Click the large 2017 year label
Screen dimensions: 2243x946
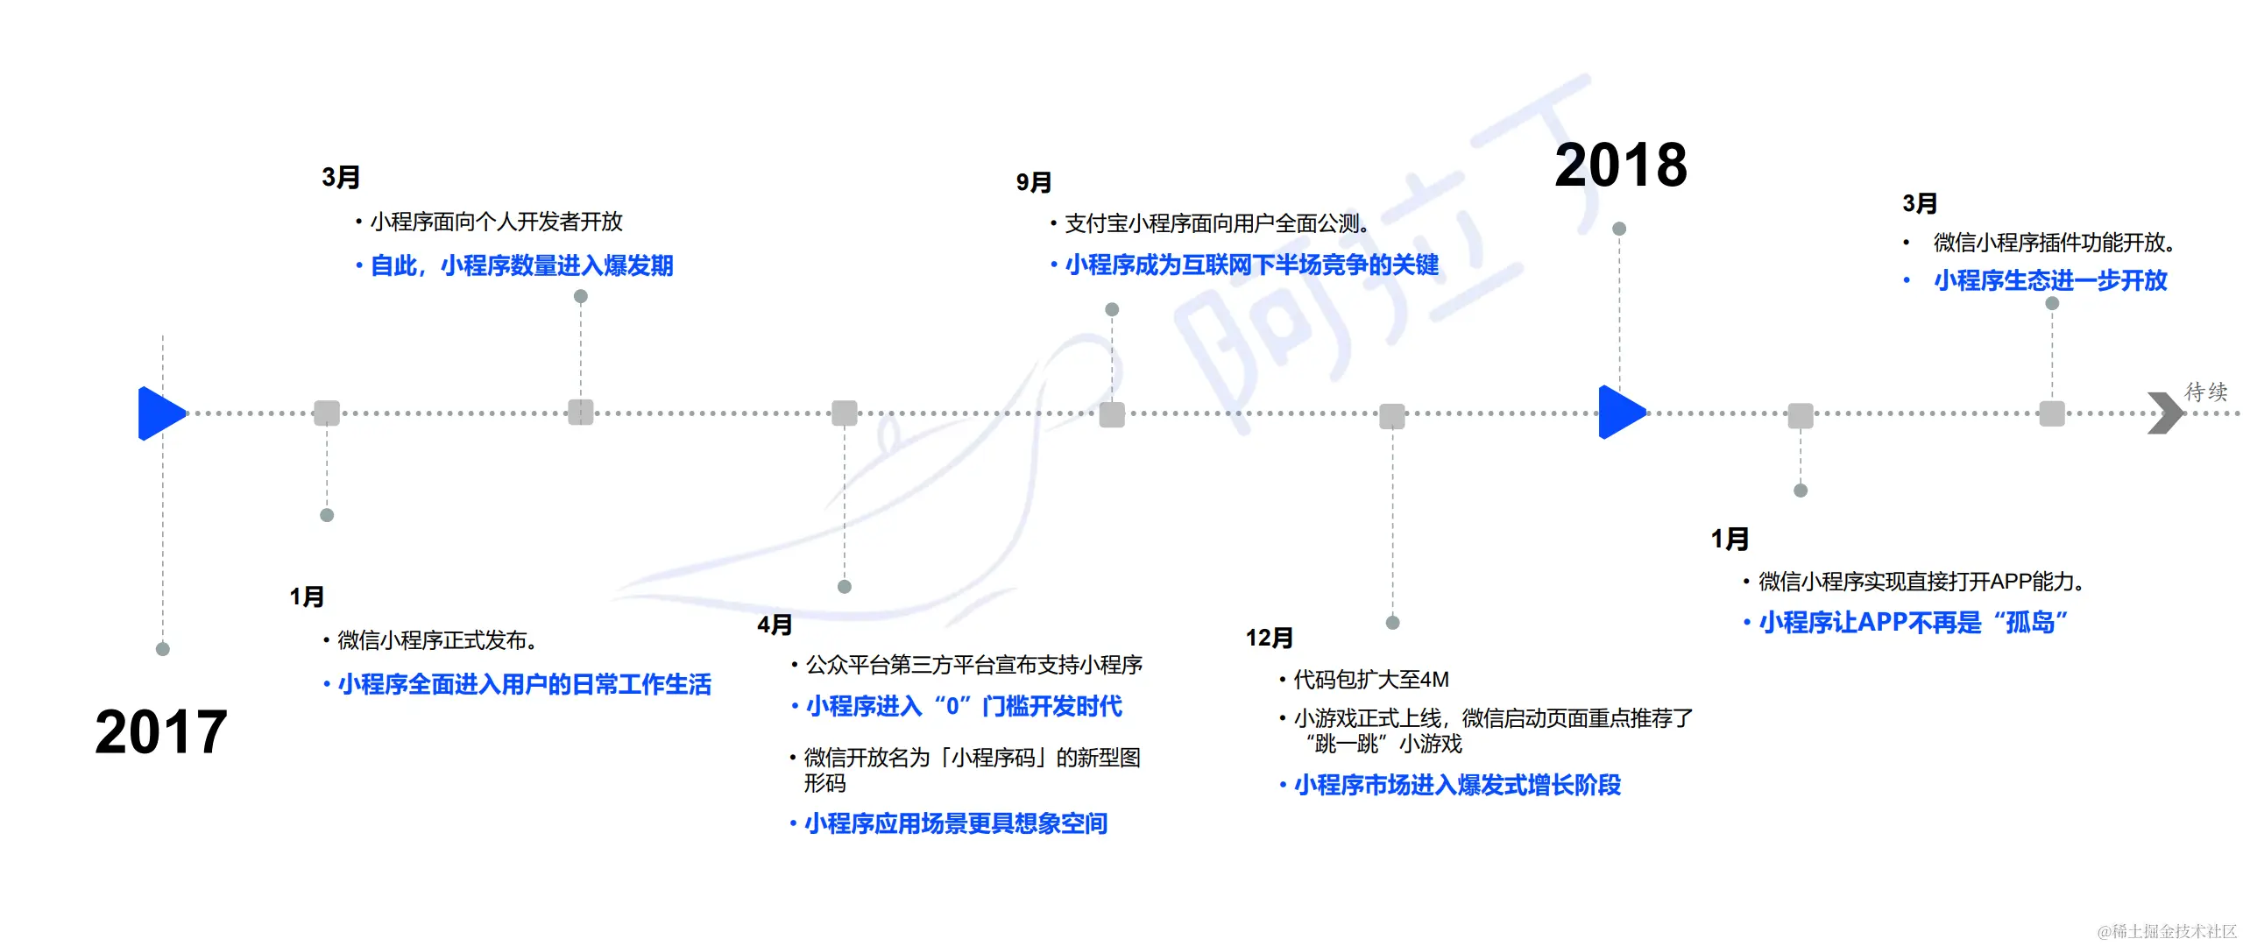click(x=161, y=732)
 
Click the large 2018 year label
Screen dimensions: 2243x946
click(x=1620, y=165)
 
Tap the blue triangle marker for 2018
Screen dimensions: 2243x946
click(x=1621, y=412)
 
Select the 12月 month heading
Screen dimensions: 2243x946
click(x=1269, y=638)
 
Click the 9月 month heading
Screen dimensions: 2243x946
click(x=1033, y=182)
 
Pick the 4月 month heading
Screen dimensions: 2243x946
click(x=775, y=625)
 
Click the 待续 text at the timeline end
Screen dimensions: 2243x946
click(x=2206, y=392)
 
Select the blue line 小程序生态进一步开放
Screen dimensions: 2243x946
click(x=2050, y=280)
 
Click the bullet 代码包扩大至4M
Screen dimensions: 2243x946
click(x=1371, y=680)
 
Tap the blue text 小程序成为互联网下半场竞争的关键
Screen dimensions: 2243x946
click(x=1251, y=265)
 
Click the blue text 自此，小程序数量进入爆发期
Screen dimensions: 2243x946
click(x=521, y=265)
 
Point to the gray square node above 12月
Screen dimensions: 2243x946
click(x=1392, y=416)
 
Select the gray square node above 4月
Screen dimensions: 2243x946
click(x=845, y=413)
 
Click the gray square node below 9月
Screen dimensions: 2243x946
click(x=1112, y=414)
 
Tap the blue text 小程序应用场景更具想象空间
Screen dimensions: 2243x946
click(x=956, y=823)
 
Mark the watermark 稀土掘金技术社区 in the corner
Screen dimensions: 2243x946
click(x=2167, y=931)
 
